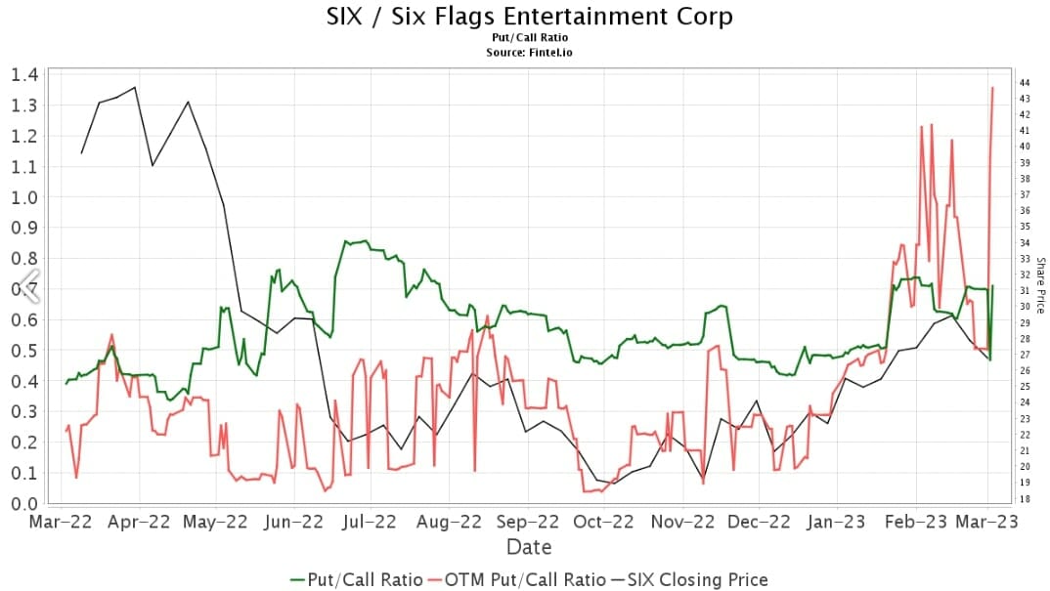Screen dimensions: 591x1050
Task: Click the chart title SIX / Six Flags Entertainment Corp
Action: [529, 17]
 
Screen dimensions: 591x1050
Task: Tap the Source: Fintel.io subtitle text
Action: [529, 52]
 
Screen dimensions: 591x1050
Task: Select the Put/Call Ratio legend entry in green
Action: [357, 579]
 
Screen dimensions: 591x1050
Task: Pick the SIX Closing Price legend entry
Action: [690, 579]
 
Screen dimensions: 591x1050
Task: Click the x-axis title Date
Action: [529, 547]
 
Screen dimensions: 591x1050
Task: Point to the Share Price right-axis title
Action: [1040, 285]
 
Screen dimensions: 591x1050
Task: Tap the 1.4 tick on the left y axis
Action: [24, 74]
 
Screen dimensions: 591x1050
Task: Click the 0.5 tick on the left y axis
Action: [24, 351]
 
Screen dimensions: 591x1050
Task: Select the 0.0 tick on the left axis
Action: [24, 504]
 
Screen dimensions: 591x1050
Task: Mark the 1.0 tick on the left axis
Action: [24, 197]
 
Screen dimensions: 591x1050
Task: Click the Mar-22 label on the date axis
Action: [61, 523]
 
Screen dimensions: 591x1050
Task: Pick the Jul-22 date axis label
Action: [371, 523]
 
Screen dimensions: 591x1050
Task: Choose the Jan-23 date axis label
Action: [837, 523]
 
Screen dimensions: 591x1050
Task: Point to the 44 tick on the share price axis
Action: [1024, 82]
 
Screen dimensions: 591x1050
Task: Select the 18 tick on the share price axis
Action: [1024, 499]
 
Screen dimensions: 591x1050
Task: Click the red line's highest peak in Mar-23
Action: [993, 87]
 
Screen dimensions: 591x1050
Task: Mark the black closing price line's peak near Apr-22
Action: [135, 87]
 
